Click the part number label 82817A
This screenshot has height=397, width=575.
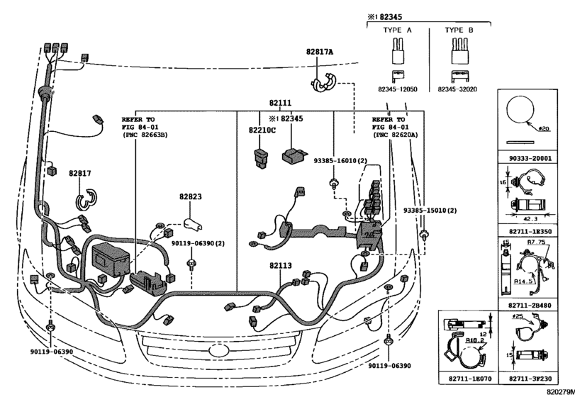(x=320, y=52)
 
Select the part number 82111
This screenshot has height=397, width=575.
(x=279, y=104)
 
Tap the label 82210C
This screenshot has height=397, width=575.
(x=262, y=130)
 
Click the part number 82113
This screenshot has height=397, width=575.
(x=280, y=266)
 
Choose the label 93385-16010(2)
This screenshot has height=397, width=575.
(x=340, y=161)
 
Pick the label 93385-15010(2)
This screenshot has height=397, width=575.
(x=430, y=211)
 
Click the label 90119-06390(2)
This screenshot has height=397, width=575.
(x=198, y=243)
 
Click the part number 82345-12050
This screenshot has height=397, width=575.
(x=397, y=90)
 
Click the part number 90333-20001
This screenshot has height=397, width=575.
(x=535, y=160)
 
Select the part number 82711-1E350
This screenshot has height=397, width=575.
(x=535, y=231)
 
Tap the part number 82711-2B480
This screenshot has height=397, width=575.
(x=535, y=303)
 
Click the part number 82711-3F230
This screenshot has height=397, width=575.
(x=535, y=381)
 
